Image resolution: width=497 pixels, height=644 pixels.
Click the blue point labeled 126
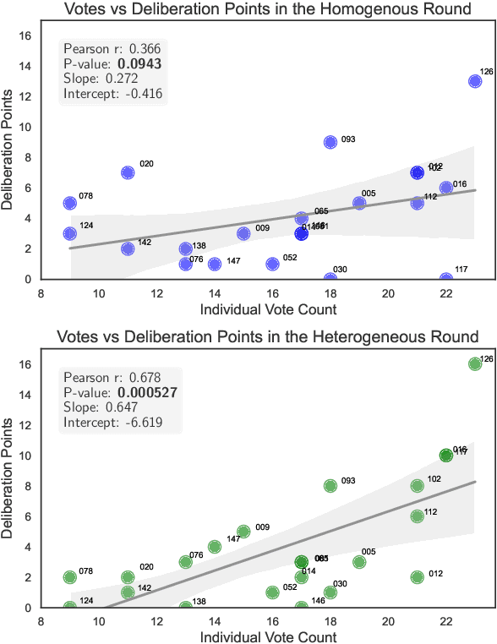[474, 81]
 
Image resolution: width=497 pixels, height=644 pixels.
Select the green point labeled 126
[474, 363]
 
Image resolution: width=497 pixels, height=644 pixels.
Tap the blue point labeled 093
[330, 142]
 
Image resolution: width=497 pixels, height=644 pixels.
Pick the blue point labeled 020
[128, 172]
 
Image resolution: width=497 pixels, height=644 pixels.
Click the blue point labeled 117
[445, 279]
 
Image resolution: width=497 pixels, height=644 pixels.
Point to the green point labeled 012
[417, 577]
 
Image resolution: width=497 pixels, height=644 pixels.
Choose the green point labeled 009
[243, 532]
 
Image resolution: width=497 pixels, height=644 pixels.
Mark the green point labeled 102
[417, 486]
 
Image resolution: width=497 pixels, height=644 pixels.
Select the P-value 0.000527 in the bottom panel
[148, 392]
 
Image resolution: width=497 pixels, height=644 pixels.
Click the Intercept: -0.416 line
[112, 94]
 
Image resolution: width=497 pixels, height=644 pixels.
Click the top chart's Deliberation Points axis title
[9, 156]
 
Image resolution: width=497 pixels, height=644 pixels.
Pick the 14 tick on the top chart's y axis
[26, 66]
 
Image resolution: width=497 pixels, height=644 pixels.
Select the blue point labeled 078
[69, 203]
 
